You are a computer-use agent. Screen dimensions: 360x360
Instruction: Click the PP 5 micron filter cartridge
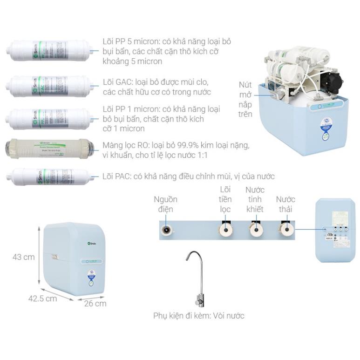pos(49,51)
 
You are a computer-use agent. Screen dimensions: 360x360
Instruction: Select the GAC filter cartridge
pos(49,86)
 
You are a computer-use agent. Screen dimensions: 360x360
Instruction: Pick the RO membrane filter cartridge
pos(49,149)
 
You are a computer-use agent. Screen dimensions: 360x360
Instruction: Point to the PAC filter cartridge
pos(49,177)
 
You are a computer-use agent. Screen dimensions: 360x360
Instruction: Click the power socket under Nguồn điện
pos(166,230)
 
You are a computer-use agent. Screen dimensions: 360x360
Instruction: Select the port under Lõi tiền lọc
pos(225,230)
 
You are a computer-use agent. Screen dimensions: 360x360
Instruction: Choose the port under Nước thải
pos(285,230)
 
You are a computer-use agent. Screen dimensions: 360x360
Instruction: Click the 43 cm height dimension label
pos(23,257)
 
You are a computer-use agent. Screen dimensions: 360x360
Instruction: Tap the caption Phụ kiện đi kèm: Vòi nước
pos(199,316)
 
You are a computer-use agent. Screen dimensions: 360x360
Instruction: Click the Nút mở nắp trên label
pos(246,99)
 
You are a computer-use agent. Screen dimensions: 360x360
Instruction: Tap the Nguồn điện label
pos(166,204)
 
